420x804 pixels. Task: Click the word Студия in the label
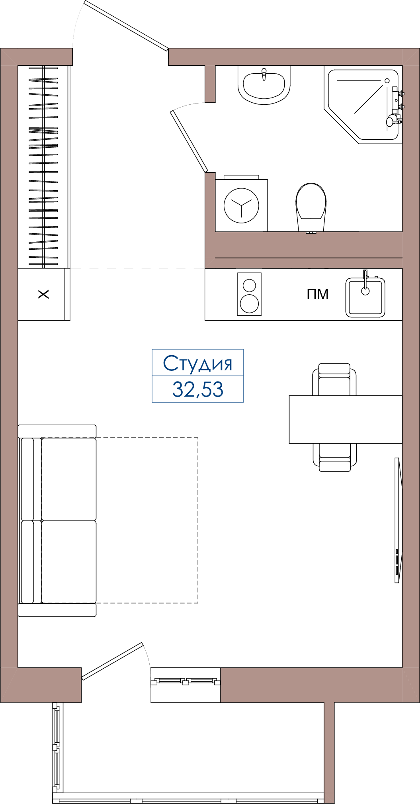pos(197,364)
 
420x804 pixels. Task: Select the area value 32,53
pos(197,389)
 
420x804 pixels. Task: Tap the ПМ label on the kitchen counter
pos(318,294)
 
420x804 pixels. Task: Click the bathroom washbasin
pos(264,85)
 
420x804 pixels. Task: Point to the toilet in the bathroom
pos(311,207)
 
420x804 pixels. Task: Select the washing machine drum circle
pos(241,206)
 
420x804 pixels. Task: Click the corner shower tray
pos(363,104)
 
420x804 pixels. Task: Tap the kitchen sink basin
pos(365,297)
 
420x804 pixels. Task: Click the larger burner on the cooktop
pos(249,304)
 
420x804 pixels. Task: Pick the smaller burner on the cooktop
pos(249,285)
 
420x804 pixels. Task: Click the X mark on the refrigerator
pos(43,294)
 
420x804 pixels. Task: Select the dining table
pos(346,419)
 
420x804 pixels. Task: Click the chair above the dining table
pos(334,379)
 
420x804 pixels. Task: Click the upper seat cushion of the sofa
pos(69,479)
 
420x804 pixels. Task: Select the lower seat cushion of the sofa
pos(69,562)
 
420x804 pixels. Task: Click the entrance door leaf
pos(126,25)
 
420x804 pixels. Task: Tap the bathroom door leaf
pos(189,141)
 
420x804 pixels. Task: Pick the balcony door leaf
pos(112,661)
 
